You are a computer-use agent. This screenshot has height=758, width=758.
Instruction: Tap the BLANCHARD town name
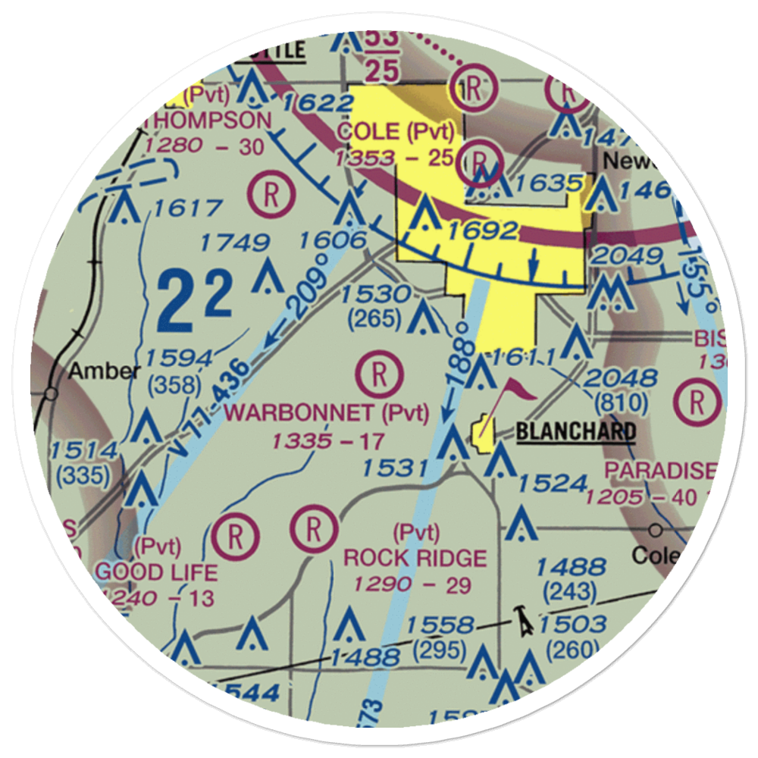point(575,433)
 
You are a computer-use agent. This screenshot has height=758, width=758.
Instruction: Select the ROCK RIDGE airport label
point(415,559)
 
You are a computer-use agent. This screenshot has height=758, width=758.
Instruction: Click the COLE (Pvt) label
point(396,132)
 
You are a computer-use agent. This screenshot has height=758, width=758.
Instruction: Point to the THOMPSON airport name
point(206,121)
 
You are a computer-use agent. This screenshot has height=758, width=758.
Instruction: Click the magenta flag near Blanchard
point(515,390)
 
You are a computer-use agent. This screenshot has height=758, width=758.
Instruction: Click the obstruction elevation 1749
point(234,244)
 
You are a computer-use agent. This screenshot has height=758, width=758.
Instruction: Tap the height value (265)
point(374,319)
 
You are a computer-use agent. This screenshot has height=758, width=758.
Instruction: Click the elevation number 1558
point(440,626)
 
